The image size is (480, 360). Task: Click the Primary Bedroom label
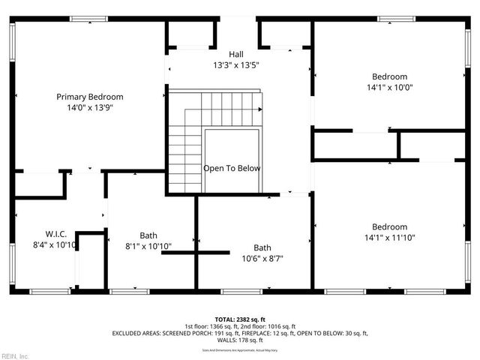coord(90,97)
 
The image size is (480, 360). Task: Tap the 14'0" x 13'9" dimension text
coord(90,108)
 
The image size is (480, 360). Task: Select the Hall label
coord(236,54)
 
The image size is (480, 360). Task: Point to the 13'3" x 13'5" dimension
coord(236,65)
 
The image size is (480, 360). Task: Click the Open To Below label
coord(232,168)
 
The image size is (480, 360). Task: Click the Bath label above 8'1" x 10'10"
coord(148,235)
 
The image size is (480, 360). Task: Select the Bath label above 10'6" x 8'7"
coord(262,247)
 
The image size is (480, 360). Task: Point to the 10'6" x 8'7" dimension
coord(262,259)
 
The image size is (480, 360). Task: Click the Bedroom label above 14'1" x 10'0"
coord(390,76)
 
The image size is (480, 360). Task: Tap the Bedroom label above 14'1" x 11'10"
coord(390,227)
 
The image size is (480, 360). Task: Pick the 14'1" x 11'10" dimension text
coord(390,238)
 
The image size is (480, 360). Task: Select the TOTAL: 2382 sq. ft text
coord(240,319)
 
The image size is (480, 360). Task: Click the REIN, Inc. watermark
coord(15,355)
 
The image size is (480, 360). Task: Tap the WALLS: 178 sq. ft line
coord(240,340)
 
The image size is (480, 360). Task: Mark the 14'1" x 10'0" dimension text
coord(390,88)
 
